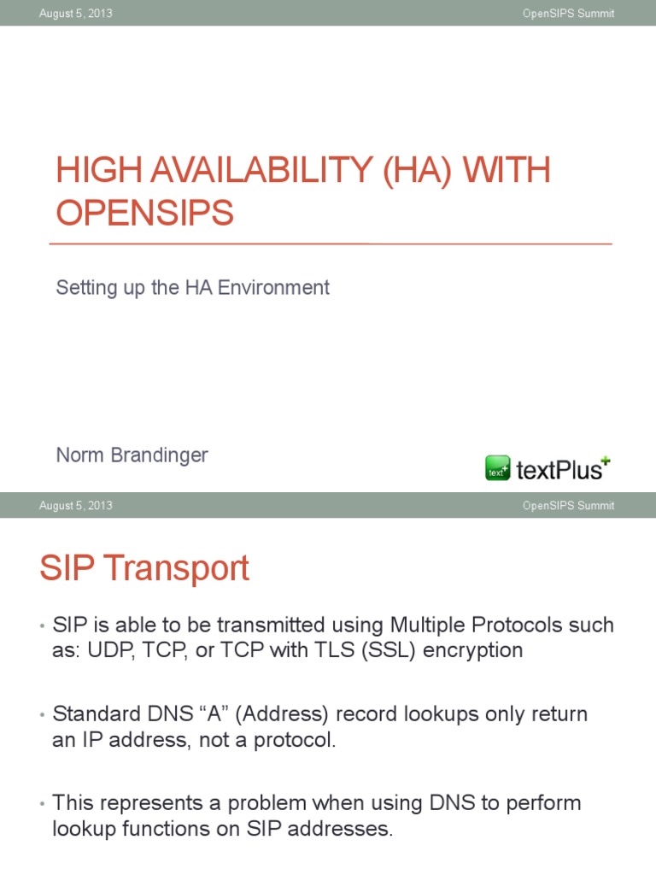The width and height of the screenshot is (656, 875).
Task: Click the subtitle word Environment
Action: (x=273, y=288)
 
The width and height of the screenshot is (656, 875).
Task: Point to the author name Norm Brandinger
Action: (x=132, y=455)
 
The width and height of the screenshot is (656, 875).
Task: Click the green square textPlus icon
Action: (x=498, y=468)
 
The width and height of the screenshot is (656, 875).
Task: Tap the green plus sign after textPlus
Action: (x=606, y=461)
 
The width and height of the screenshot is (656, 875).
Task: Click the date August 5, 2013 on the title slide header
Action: (x=75, y=14)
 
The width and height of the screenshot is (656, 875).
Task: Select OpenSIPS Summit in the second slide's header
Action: (x=568, y=506)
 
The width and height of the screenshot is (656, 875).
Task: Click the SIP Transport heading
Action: (x=144, y=569)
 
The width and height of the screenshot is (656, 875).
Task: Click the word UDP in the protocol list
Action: (x=105, y=650)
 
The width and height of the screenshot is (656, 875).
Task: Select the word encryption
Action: (x=475, y=650)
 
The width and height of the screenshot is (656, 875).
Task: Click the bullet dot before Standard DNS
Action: (x=42, y=716)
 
